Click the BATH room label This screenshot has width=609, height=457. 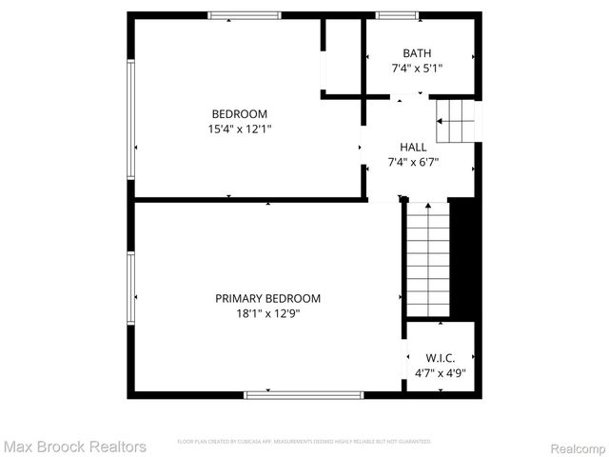coord(417,53)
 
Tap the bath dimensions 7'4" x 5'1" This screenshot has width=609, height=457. coord(417,69)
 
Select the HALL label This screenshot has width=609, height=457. coord(413,147)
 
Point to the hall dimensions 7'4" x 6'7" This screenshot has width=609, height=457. coord(413,162)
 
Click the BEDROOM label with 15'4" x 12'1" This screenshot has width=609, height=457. coord(239,113)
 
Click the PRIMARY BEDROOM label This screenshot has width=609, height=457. coord(267,298)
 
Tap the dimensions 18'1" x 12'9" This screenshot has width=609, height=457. coord(267,313)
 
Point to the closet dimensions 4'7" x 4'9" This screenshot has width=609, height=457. coord(440,373)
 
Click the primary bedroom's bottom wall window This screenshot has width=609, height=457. coord(304,393)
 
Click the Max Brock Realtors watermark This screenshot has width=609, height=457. coord(74,446)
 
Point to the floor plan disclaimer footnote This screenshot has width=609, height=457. coord(304,442)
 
